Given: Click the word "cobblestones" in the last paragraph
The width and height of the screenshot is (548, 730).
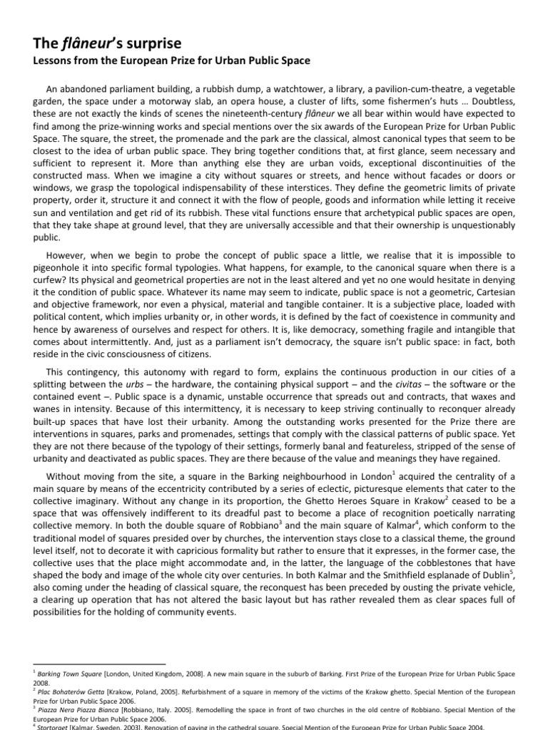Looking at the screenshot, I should pos(410,553).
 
